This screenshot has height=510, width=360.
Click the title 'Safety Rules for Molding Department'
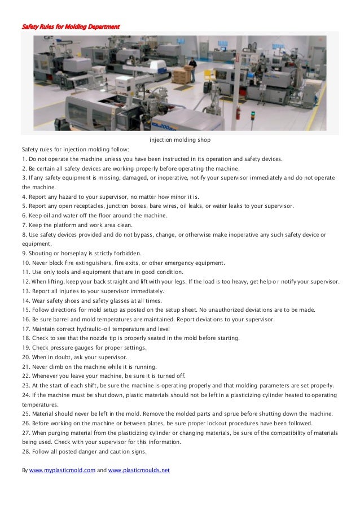coord(71,27)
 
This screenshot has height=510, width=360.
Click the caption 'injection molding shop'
coord(179,139)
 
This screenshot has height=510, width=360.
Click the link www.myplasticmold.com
coord(63,470)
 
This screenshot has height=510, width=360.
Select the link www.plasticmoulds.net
coord(138,470)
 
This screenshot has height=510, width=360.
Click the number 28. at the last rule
coord(26,451)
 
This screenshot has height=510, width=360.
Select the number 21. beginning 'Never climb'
coord(26,367)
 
